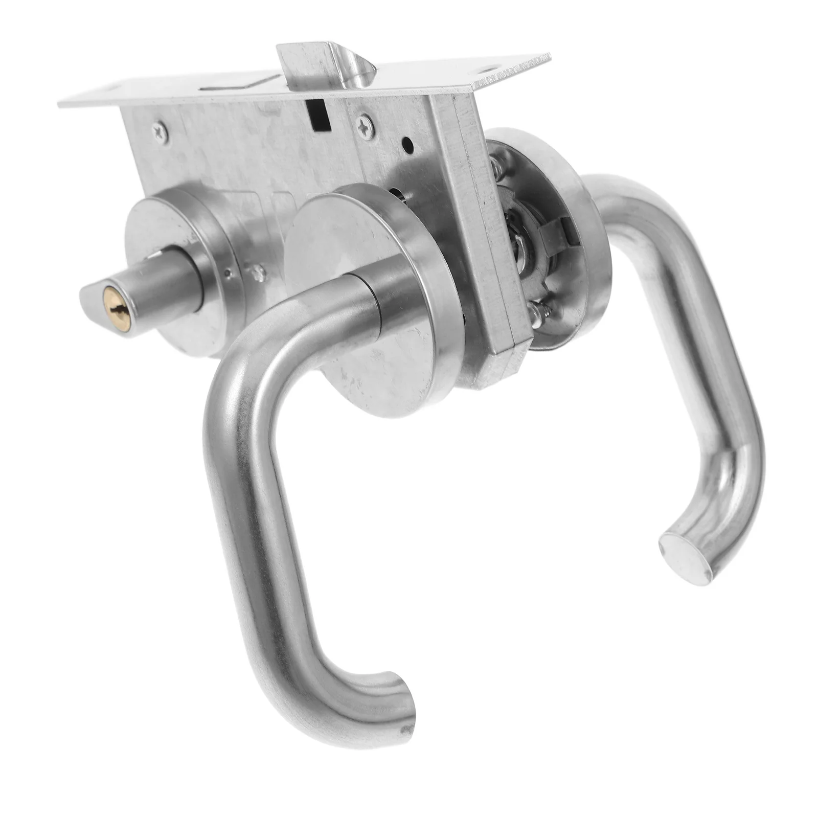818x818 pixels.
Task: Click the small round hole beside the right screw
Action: click(x=408, y=145)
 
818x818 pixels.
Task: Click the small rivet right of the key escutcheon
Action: click(x=261, y=274)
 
